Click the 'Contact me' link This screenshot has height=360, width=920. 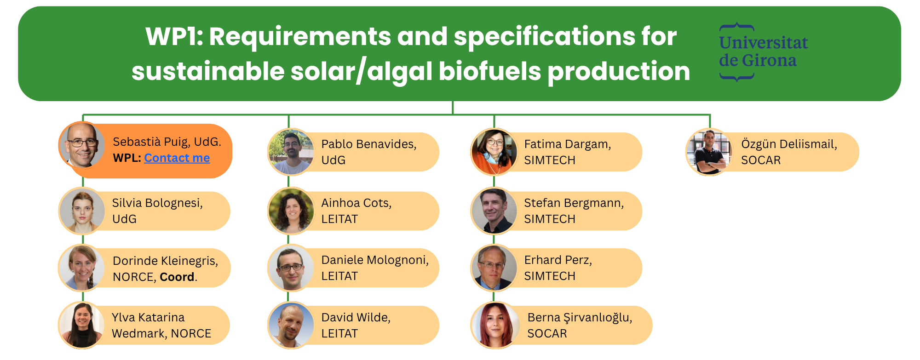pyautogui.click(x=177, y=158)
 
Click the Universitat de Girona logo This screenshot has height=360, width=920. pyautogui.click(x=763, y=52)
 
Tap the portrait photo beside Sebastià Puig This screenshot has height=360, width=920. pyautogui.click(x=82, y=145)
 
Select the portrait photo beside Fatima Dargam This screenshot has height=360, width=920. pyautogui.click(x=494, y=152)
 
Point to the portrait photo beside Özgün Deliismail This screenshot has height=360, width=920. pyautogui.click(x=709, y=152)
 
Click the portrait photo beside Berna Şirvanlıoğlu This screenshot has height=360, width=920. pyautogui.click(x=494, y=325)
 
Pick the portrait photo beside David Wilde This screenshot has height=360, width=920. pyautogui.click(x=291, y=325)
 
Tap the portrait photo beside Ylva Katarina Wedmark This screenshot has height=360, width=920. pyautogui.click(x=82, y=325)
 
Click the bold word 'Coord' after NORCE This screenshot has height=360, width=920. pyautogui.click(x=177, y=277)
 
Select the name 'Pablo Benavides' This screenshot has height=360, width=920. pyautogui.click(x=369, y=144)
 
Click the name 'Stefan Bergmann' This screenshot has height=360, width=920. pyautogui.click(x=574, y=203)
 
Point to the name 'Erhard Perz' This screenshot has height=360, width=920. pyautogui.click(x=558, y=260)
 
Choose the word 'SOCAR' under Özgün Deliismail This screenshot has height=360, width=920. pyautogui.click(x=761, y=160)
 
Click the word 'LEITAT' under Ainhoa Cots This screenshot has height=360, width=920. pyautogui.click(x=339, y=219)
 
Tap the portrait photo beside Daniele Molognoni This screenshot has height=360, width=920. pyautogui.click(x=291, y=268)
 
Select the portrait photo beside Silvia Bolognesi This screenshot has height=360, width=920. pyautogui.click(x=82, y=211)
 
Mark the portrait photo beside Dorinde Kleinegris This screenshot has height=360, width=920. pyautogui.click(x=82, y=268)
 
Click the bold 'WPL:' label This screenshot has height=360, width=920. pyautogui.click(x=127, y=158)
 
